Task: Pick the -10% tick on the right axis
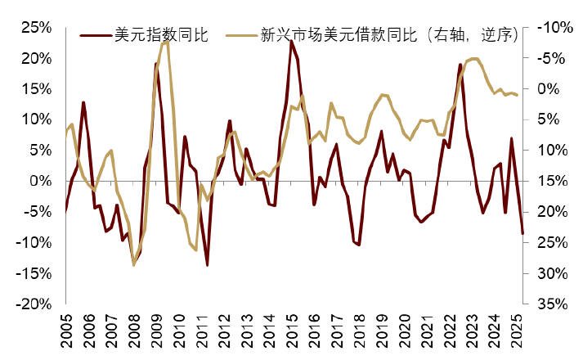(550, 27)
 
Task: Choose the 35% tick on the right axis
(549, 304)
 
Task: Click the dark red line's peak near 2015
(291, 40)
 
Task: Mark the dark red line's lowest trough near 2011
(207, 265)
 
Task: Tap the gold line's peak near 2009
(166, 40)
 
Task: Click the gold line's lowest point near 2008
(134, 264)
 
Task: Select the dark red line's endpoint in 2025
(522, 234)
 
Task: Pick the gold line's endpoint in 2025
(518, 96)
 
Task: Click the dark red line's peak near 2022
(460, 64)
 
